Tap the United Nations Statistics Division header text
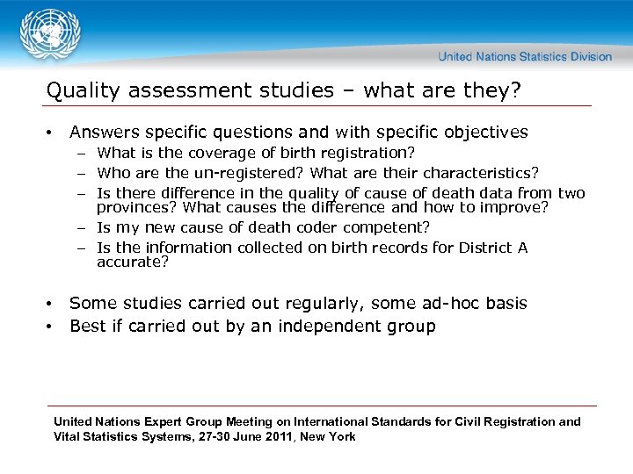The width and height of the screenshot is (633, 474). (x=525, y=56)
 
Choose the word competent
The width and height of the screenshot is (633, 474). (x=383, y=227)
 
